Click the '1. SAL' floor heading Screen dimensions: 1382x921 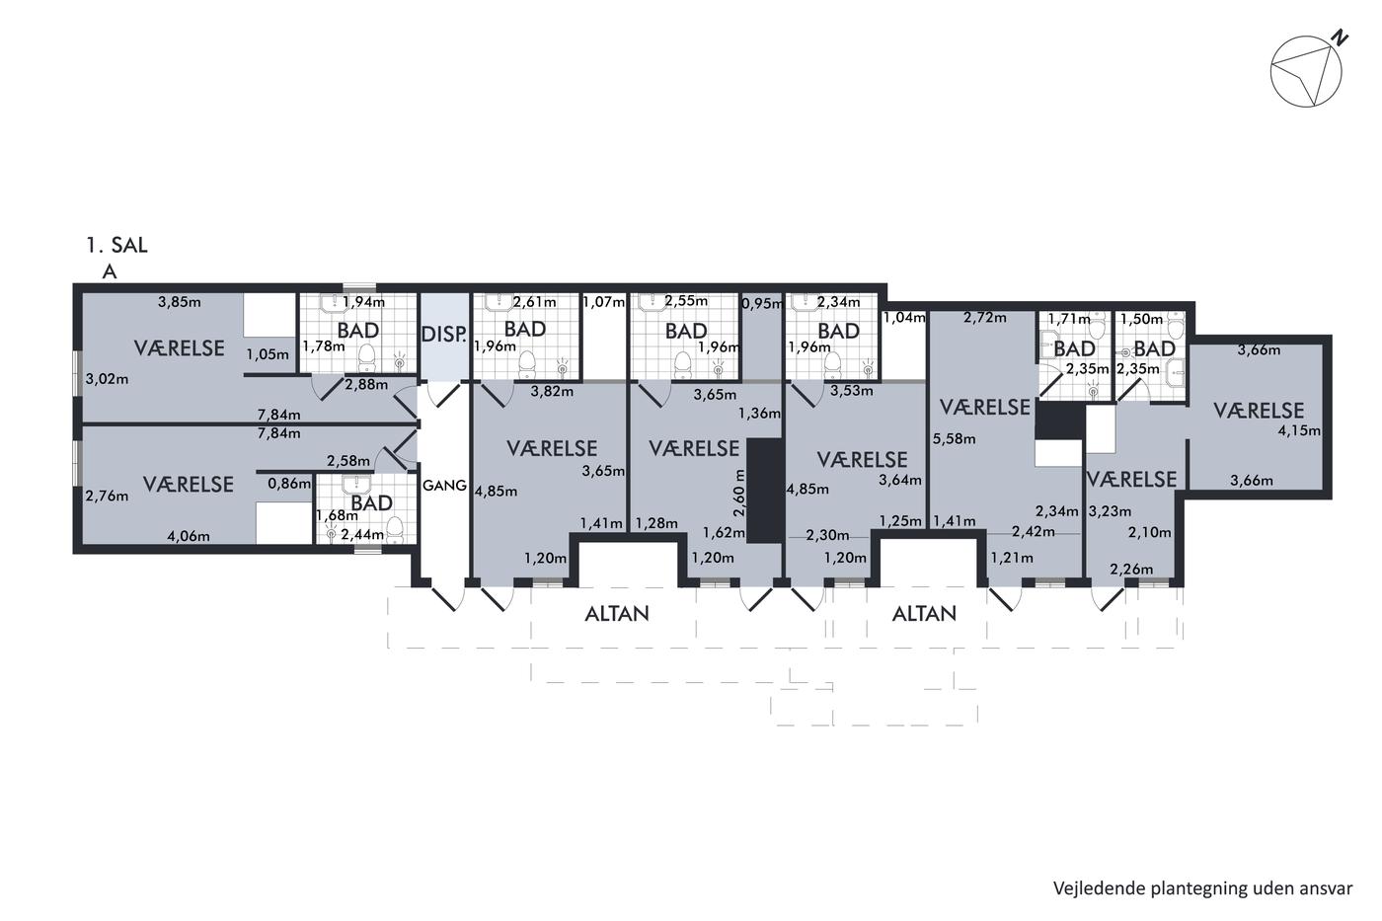click(117, 246)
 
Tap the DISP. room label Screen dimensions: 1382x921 click(443, 334)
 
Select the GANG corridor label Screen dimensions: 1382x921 click(444, 486)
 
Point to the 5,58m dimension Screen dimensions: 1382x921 click(954, 438)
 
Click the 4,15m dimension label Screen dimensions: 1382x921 click(1299, 430)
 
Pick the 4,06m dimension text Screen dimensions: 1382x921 click(189, 536)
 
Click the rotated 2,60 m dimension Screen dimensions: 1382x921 click(740, 493)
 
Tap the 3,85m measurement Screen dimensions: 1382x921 click(180, 302)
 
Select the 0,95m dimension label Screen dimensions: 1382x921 click(762, 303)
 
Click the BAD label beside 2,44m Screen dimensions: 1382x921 click(372, 502)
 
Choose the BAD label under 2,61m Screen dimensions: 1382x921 click(525, 329)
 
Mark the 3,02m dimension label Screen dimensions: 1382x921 click(107, 379)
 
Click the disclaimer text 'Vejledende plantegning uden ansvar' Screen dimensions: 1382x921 click(1202, 888)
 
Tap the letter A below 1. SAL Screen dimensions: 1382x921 click(110, 271)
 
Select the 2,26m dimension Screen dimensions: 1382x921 click(1131, 569)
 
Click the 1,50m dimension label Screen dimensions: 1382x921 click(1141, 319)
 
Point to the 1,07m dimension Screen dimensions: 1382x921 click(604, 302)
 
